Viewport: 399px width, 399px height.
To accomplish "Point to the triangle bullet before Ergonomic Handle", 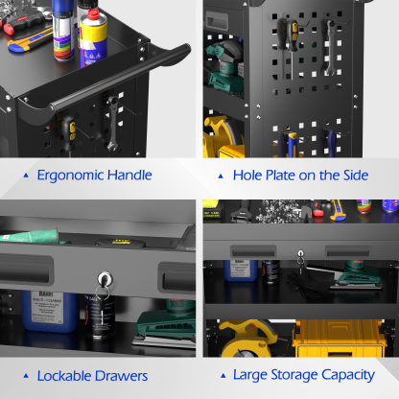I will pyautogui.click(x=25, y=176).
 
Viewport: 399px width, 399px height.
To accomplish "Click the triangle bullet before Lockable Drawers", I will pyautogui.click(x=25, y=375).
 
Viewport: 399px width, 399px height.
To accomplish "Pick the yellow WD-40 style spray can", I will pyautogui.click(x=95, y=34).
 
